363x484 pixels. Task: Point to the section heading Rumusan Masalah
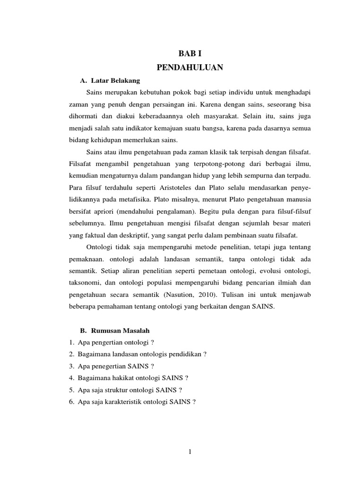tap(121, 329)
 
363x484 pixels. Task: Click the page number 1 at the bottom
tap(190, 451)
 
